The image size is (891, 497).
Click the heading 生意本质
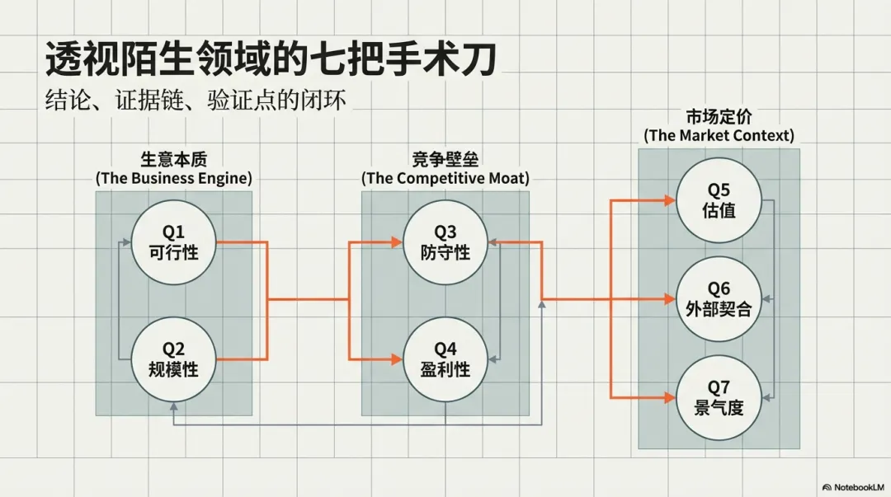click(173, 160)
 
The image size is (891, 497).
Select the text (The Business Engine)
click(173, 178)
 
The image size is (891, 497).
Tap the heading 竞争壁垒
click(445, 160)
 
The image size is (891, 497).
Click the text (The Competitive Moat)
click(445, 178)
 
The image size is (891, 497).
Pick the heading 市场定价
click(719, 117)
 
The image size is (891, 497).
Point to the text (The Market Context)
click(719, 135)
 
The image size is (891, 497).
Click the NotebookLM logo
click(853, 487)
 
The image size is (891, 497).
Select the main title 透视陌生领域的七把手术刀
click(272, 60)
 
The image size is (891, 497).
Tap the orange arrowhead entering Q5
click(669, 199)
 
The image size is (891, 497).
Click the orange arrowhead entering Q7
click(669, 397)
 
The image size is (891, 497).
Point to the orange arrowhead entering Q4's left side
click(397, 359)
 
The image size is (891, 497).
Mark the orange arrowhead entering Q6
click(669, 299)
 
